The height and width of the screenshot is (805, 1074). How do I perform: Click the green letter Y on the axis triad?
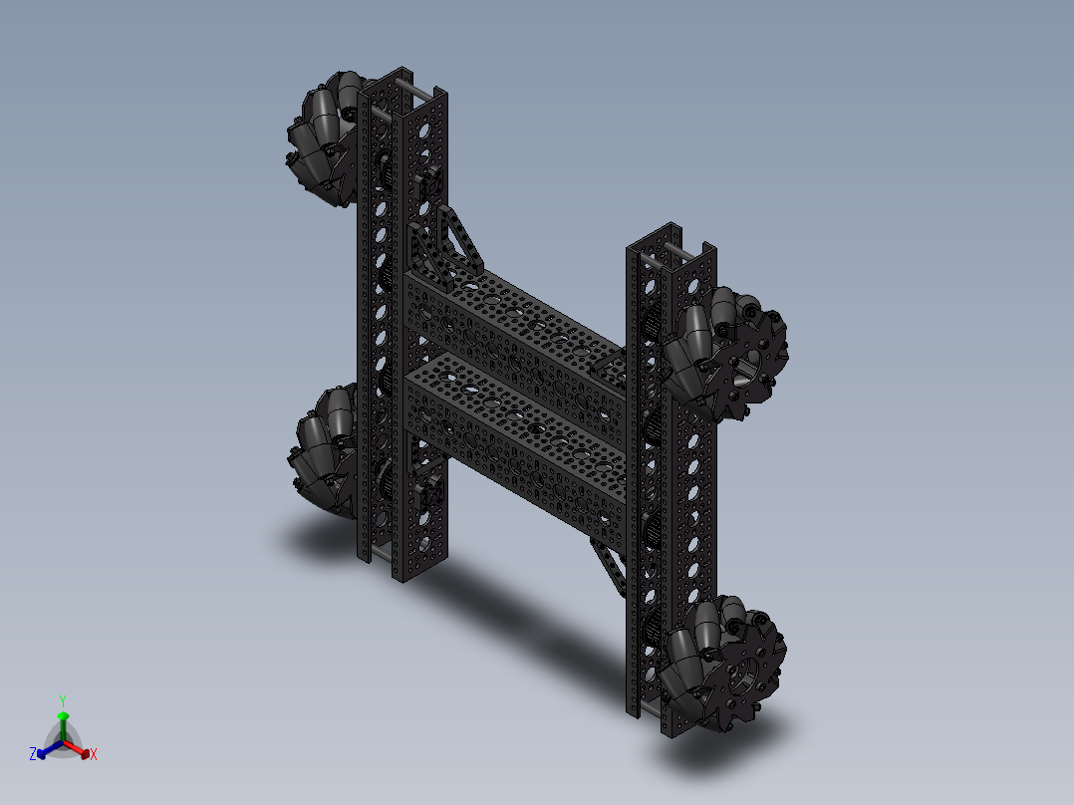[x=63, y=699]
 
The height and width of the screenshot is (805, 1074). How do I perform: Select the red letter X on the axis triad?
[x=94, y=755]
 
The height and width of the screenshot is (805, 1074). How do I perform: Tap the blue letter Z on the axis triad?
[x=33, y=754]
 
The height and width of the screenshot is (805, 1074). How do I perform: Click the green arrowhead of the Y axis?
[x=63, y=716]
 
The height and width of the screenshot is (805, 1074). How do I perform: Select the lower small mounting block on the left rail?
[x=433, y=493]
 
